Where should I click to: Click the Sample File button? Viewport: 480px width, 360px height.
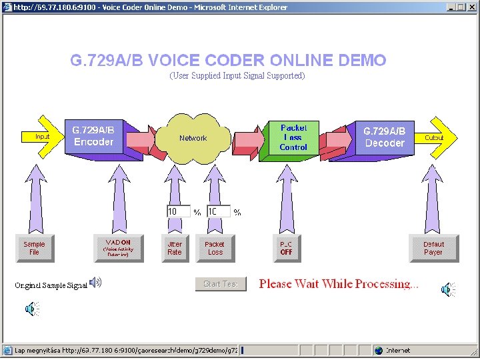(x=34, y=248)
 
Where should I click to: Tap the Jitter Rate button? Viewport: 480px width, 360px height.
(x=175, y=248)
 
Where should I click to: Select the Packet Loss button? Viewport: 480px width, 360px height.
(x=215, y=248)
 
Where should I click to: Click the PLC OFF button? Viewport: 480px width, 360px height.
(x=287, y=248)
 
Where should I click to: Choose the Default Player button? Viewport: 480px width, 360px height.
(x=433, y=248)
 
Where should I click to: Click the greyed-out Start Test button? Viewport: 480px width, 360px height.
(x=221, y=284)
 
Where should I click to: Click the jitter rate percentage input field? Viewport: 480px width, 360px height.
(x=178, y=211)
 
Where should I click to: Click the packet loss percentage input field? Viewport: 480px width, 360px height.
(x=218, y=211)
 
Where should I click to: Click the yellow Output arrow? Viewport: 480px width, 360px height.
(x=437, y=137)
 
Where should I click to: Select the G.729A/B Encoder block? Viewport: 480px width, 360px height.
(x=94, y=136)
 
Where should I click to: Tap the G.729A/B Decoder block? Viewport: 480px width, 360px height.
(x=384, y=137)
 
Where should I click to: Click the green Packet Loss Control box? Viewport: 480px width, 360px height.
(x=293, y=137)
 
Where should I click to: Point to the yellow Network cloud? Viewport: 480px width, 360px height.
(x=193, y=138)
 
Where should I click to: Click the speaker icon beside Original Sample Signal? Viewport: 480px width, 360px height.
(x=96, y=283)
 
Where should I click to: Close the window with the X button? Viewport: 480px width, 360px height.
(x=471, y=7)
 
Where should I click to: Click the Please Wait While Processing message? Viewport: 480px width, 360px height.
(x=339, y=284)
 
